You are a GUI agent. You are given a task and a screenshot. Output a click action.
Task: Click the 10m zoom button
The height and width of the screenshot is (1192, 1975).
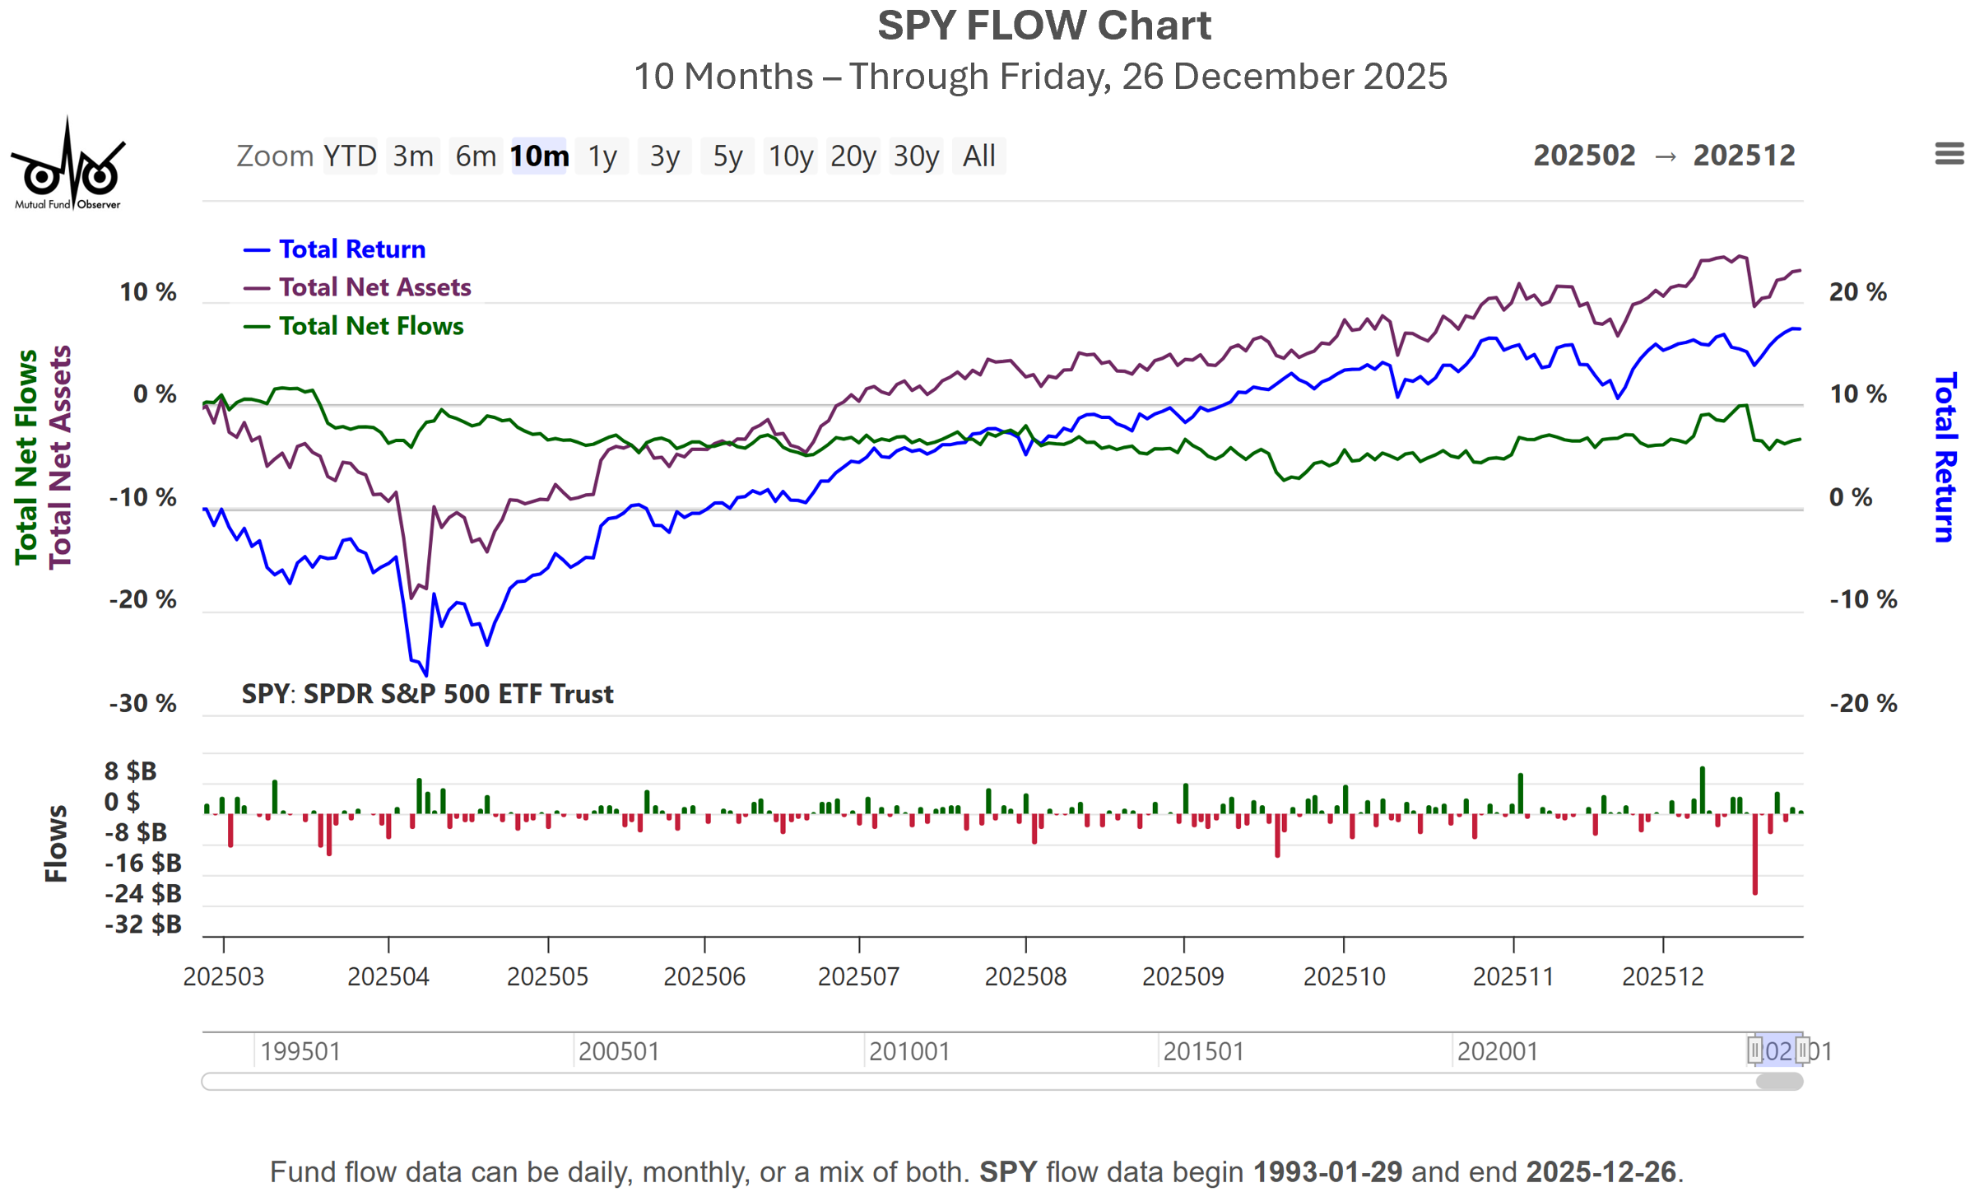coord(539,156)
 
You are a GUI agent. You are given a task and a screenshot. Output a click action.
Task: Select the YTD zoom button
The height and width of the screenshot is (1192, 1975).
coord(350,156)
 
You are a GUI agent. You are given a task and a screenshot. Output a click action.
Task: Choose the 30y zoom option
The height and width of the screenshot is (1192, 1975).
coord(916,156)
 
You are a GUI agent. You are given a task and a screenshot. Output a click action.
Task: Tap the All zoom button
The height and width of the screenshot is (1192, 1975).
coord(978,156)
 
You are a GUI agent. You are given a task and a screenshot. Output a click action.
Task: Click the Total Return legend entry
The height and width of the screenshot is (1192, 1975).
coord(351,249)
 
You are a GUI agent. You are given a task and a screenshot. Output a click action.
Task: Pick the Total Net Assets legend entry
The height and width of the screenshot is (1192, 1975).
coord(374,287)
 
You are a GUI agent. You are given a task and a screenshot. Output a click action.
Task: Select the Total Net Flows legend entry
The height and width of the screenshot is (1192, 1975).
coord(370,326)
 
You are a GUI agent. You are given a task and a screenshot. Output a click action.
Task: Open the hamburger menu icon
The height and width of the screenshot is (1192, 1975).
coord(1949,154)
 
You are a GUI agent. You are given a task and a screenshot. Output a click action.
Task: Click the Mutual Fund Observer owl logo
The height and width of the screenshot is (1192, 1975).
coord(68,165)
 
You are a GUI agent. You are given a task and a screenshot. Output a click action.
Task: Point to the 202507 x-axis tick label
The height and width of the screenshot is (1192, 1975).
coord(858,976)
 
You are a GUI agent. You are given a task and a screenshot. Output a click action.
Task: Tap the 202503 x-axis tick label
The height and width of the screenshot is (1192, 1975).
coord(224,976)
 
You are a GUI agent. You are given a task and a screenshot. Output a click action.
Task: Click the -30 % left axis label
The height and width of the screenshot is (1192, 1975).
coord(143,704)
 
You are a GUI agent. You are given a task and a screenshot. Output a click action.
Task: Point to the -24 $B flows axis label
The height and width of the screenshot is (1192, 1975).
coord(143,893)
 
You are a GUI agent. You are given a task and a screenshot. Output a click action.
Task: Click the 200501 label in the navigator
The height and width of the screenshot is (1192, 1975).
coord(619,1051)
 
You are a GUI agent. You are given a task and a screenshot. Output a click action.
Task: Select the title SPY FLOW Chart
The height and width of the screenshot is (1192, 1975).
coord(1043,26)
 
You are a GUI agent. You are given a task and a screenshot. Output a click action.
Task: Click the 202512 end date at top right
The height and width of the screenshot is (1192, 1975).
coord(1744,156)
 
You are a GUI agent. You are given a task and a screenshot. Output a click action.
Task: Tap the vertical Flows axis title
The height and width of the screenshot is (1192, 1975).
coord(56,844)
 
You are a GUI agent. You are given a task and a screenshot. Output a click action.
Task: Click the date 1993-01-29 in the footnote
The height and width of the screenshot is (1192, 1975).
coord(1327,1171)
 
